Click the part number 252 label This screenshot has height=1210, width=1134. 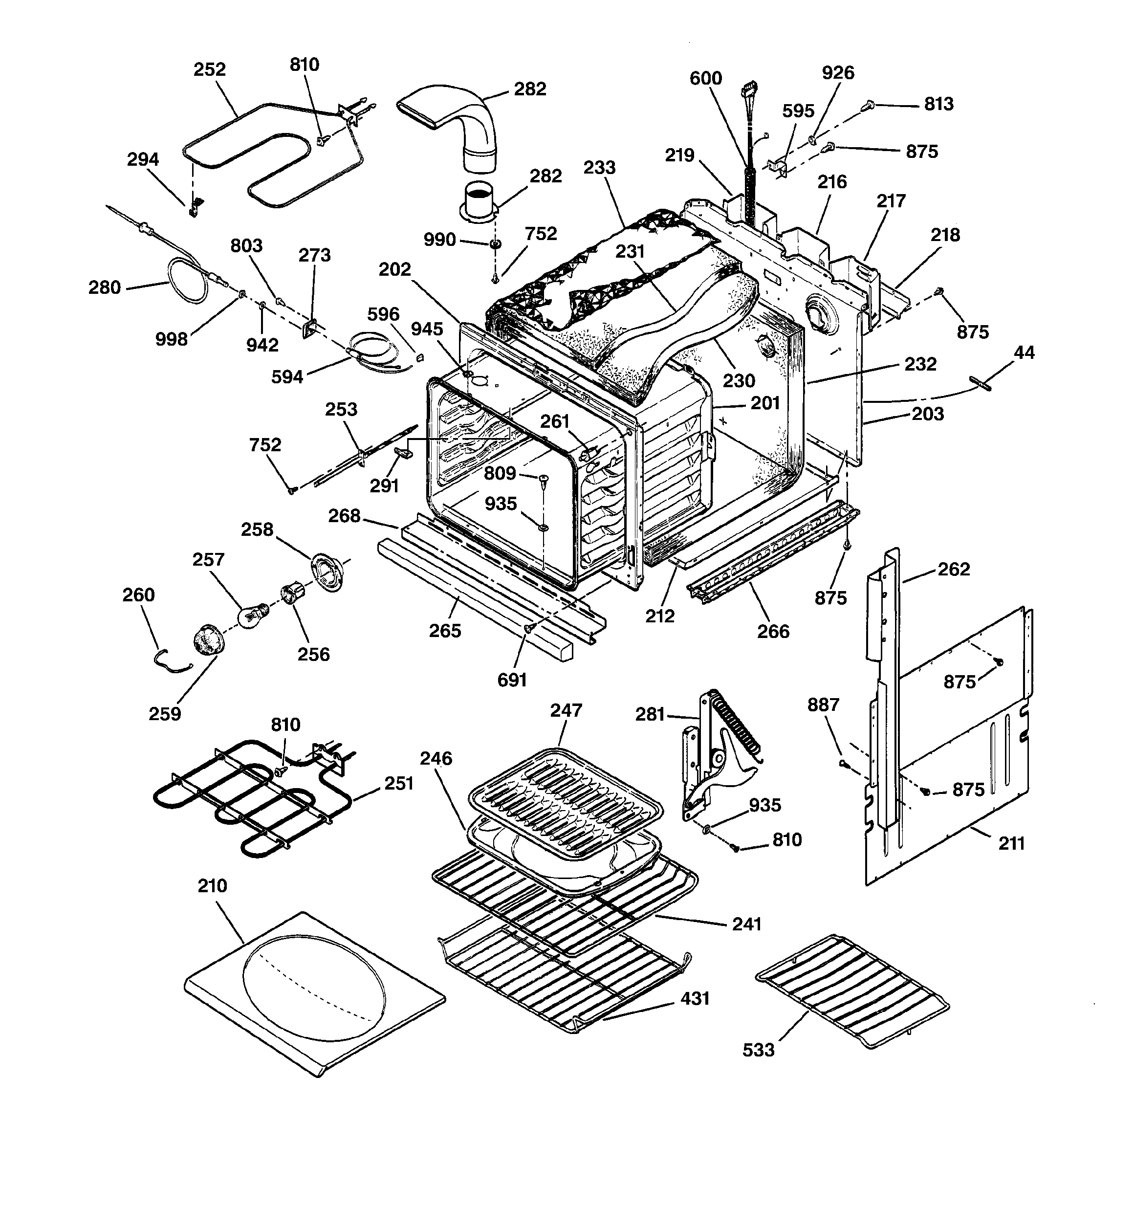tap(209, 69)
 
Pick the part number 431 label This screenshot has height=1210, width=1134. tap(695, 999)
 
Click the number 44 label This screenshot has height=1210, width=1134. tap(1024, 352)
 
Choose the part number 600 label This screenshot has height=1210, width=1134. tap(705, 79)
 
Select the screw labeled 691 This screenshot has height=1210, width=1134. tap(528, 627)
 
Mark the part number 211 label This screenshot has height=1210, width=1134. tap(1012, 844)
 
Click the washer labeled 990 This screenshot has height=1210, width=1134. tap(496, 244)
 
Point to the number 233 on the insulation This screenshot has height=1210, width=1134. tap(600, 167)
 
